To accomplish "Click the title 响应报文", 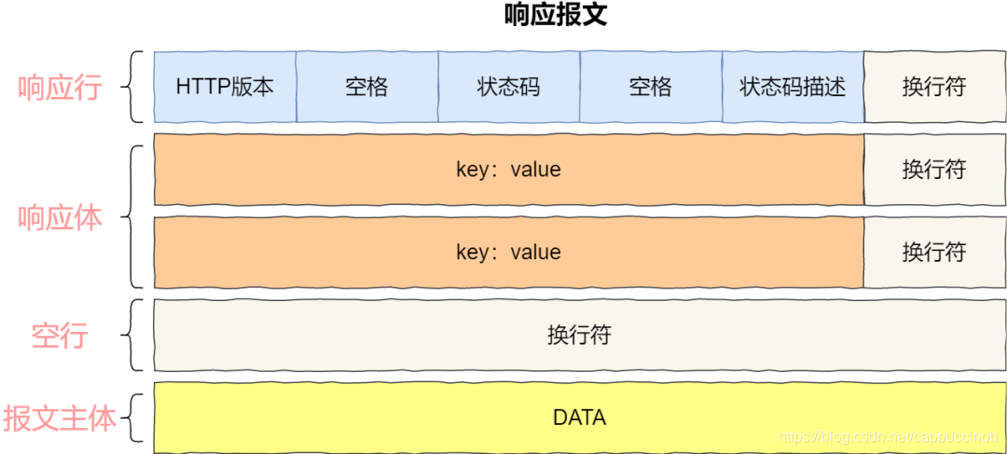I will click(555, 16).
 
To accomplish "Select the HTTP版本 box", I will click(225, 88).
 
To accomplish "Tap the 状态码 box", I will click(508, 88).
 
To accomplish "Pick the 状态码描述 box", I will click(793, 88).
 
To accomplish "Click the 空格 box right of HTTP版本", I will click(366, 88).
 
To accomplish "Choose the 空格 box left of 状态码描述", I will click(650, 88).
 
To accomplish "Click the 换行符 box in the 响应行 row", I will click(933, 88).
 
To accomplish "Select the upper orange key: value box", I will click(508, 170).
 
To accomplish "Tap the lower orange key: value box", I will click(508, 252).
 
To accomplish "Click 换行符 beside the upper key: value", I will click(933, 170).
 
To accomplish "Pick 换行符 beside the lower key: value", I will click(933, 252).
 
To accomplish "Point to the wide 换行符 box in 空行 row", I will click(579, 335).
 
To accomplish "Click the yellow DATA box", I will click(579, 417).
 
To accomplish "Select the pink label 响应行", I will click(60, 89).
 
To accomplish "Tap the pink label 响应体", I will click(60, 217).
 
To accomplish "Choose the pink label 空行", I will click(60, 336).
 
